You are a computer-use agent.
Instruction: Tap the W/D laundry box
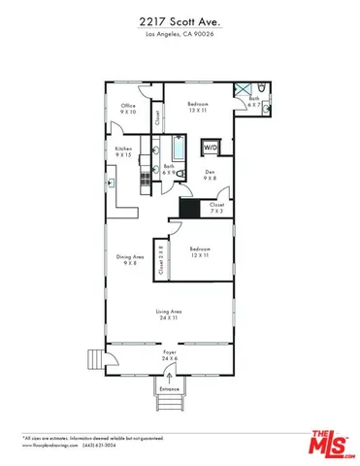pyautogui.click(x=210, y=149)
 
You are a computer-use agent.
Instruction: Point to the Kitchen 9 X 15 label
pyautogui.click(x=123, y=151)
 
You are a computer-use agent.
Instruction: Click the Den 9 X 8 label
pyautogui.click(x=209, y=178)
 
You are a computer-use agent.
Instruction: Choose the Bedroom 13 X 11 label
pyautogui.click(x=197, y=106)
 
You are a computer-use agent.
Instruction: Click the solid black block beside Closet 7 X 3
pyautogui.click(x=188, y=208)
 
